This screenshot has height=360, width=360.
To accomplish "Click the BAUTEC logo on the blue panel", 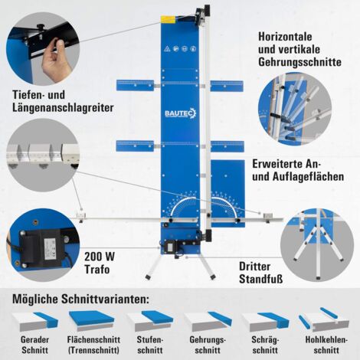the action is pos(180,113).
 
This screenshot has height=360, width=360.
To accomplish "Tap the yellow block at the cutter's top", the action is pos(168,19).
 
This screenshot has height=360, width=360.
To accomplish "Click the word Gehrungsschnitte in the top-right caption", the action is pos(299,62).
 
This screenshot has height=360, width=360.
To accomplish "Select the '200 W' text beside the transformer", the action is pos(100,257).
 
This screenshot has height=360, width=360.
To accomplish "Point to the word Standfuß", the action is pos(261,279).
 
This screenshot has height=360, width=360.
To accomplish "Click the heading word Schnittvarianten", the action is pos(105,299).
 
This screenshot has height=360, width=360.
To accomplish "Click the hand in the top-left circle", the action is pos(56,60).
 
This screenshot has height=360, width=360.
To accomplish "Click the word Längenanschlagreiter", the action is pos(63,107).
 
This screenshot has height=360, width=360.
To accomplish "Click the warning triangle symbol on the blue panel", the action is pos(167,49).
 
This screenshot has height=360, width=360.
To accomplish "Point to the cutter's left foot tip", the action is pos(148,277).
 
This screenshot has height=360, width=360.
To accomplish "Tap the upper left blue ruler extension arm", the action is pos(135,85).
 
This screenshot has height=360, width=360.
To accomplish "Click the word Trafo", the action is pos(97,270).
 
